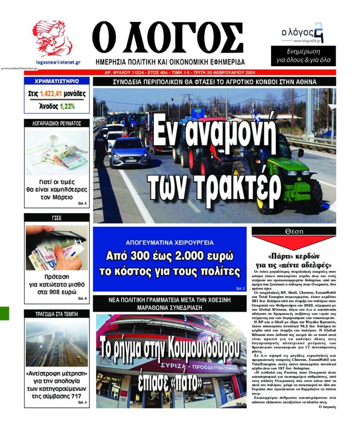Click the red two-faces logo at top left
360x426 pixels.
[x=52, y=39]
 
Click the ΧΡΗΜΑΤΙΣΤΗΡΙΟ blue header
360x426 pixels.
[x=57, y=81]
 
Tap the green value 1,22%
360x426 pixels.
[x=67, y=106]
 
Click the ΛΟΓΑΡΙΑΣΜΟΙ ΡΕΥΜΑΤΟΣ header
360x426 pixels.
[x=57, y=124]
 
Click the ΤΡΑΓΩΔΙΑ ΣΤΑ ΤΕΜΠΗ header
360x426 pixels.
[x=57, y=313]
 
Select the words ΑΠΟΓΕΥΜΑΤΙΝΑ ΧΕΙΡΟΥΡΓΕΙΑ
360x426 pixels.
[x=170, y=242]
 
